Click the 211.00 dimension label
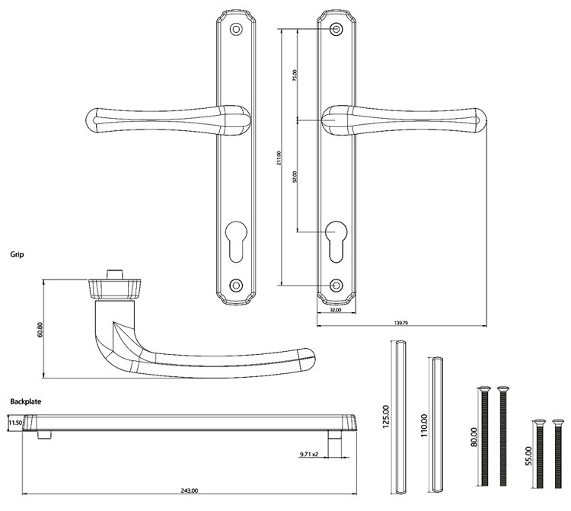pos(279,158)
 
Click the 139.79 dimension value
pos(400,324)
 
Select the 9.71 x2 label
pos(308,455)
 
